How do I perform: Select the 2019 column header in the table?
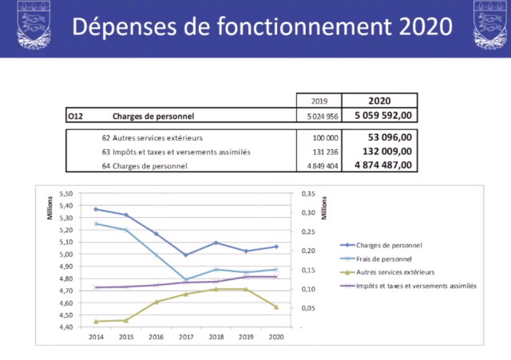319,101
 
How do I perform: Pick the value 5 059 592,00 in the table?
378,116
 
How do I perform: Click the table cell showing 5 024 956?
319,116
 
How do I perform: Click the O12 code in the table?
76,116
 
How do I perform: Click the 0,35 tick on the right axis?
307,194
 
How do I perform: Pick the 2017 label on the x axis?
186,337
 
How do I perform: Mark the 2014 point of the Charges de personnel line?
96,209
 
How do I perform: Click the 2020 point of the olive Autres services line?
275,307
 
